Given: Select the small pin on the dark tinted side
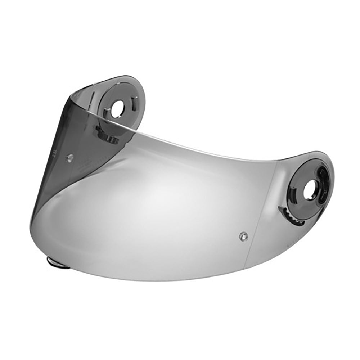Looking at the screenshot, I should tap(71, 157).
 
